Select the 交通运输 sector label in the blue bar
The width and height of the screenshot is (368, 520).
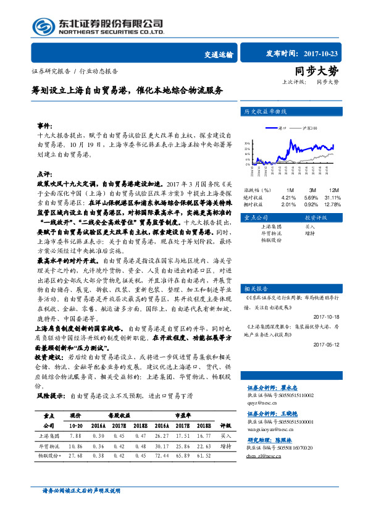[x=218, y=54]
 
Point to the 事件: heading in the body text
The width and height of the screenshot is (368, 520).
[x=44, y=124]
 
